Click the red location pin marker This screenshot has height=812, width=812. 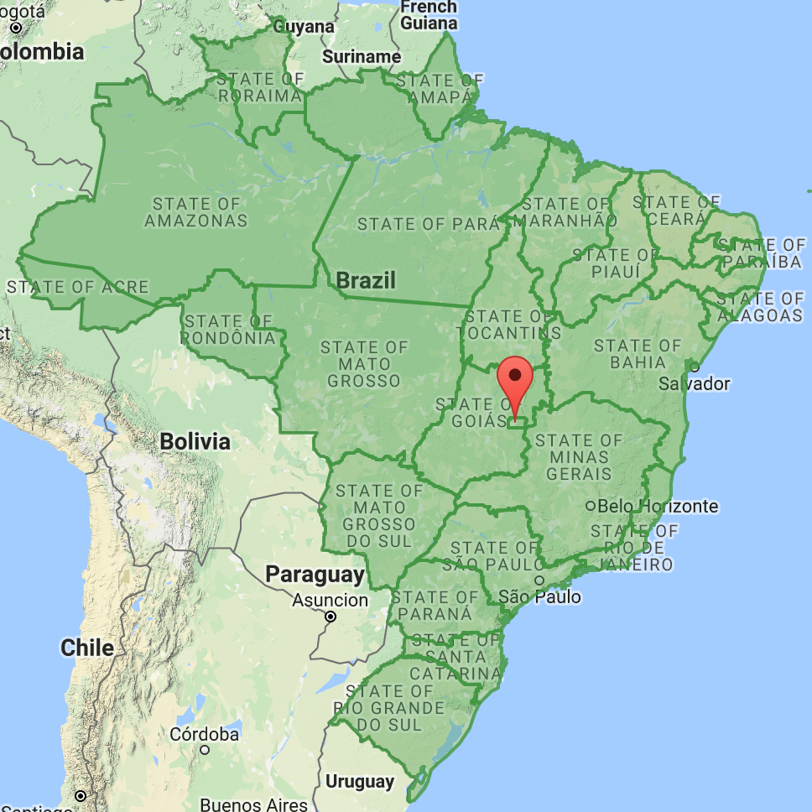pyautogui.click(x=515, y=379)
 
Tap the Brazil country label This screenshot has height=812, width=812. pyautogui.click(x=366, y=279)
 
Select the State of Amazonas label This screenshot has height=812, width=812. pyautogui.click(x=196, y=212)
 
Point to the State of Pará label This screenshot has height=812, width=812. pyautogui.click(x=429, y=224)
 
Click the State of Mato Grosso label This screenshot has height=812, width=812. pyautogui.click(x=365, y=364)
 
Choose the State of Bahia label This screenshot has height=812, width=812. pyautogui.click(x=638, y=354)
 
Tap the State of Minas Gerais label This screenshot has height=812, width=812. pyautogui.click(x=580, y=457)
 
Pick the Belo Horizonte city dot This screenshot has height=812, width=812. pyautogui.click(x=591, y=506)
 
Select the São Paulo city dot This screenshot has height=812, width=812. pyautogui.click(x=539, y=580)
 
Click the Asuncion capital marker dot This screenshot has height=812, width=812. pyautogui.click(x=331, y=617)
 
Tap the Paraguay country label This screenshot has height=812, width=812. pyautogui.click(x=315, y=575)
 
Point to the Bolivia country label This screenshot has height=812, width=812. pyautogui.click(x=195, y=441)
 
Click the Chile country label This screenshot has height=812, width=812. pyautogui.click(x=87, y=648)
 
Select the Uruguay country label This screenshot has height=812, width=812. pyautogui.click(x=359, y=781)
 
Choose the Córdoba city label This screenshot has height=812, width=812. pyautogui.click(x=204, y=734)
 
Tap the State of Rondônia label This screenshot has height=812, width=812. pyautogui.click(x=229, y=330)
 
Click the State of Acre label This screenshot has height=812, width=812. pyautogui.click(x=77, y=287)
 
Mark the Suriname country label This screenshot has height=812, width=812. pyautogui.click(x=362, y=56)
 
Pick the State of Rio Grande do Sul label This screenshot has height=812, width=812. pyautogui.click(x=389, y=708)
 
